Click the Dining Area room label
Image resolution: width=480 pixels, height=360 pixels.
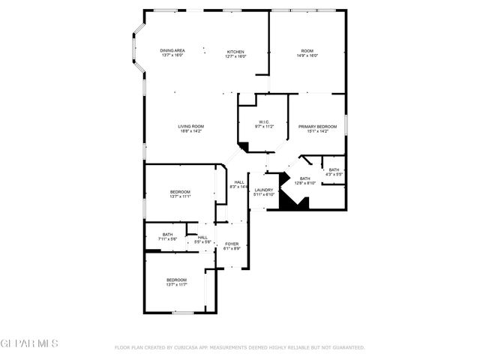pos(172,51)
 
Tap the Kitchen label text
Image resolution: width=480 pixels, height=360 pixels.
pos(235,51)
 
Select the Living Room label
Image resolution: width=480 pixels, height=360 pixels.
pos(190,126)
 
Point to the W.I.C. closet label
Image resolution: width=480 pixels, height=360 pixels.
pos(264,122)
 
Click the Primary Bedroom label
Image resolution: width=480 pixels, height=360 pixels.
pos(318,126)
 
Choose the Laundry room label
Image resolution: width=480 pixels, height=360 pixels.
pos(263,190)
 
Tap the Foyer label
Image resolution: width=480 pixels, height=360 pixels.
pos(232,244)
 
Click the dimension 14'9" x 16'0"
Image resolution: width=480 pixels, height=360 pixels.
pos(307,56)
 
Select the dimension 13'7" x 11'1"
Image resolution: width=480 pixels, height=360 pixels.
pos(180,197)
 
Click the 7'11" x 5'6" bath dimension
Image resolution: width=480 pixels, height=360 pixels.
pos(167,239)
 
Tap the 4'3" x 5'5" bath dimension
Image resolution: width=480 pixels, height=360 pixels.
pos(334,175)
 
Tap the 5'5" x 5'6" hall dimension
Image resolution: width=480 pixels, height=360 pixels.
pos(203,242)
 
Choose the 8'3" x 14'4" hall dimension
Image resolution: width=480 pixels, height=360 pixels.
pos(239,186)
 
